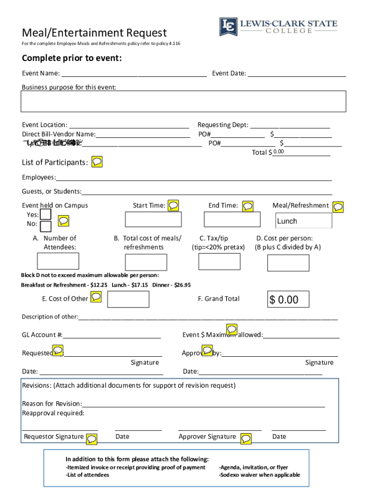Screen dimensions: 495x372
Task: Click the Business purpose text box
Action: point(184,101)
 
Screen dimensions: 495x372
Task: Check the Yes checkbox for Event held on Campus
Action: point(46,214)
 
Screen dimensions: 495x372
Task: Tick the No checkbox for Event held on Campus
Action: point(46,226)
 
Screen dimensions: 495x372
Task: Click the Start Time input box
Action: point(153,219)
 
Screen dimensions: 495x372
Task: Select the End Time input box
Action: point(232,219)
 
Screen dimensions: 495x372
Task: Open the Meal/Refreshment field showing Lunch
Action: point(304,221)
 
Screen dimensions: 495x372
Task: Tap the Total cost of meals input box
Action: point(146,262)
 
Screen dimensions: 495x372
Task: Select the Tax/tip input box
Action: point(219,261)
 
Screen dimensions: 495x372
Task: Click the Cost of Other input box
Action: point(128,299)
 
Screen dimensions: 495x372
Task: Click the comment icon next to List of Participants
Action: point(97,161)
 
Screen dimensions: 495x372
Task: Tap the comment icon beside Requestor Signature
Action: point(91,438)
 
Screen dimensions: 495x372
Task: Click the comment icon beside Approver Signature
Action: point(246,438)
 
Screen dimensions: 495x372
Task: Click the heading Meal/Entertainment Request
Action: point(94,33)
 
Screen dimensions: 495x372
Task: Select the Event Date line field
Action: point(297,73)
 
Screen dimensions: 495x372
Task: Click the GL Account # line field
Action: point(112,335)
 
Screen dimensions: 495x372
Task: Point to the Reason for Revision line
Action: point(203,404)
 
